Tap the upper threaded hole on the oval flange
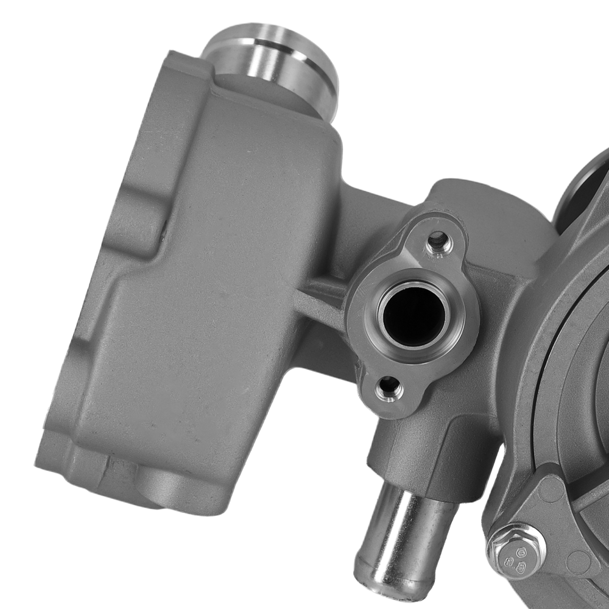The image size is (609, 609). [x=437, y=242]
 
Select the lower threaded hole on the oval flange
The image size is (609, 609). [x=389, y=387]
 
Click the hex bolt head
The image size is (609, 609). [x=516, y=551]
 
